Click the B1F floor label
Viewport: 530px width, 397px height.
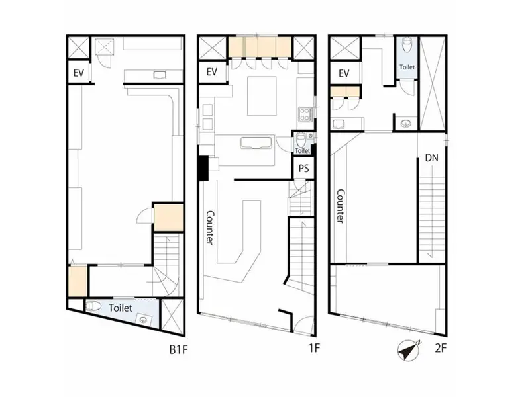click(178, 349)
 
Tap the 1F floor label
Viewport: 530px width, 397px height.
click(314, 348)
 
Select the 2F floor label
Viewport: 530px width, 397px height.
click(441, 348)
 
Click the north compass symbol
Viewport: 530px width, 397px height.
click(409, 350)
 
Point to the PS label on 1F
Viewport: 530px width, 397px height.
click(303, 168)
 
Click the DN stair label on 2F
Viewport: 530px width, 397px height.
click(432, 157)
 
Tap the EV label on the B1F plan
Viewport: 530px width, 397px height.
click(78, 73)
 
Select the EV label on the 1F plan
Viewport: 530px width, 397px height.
click(211, 72)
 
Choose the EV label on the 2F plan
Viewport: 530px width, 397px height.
click(344, 73)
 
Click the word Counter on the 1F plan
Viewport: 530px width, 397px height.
click(210, 228)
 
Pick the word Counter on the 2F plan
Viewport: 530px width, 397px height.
click(341, 206)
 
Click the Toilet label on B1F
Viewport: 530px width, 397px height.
click(121, 308)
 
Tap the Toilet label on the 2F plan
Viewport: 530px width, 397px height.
click(407, 67)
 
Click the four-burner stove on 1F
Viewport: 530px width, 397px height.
click(305, 114)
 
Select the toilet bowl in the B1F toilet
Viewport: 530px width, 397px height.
click(94, 306)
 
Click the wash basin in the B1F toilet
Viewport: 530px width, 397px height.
click(143, 319)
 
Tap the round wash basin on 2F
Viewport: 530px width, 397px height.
click(406, 124)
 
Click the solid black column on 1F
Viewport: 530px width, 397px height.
click(204, 168)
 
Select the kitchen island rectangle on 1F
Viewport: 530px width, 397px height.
click(262, 96)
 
